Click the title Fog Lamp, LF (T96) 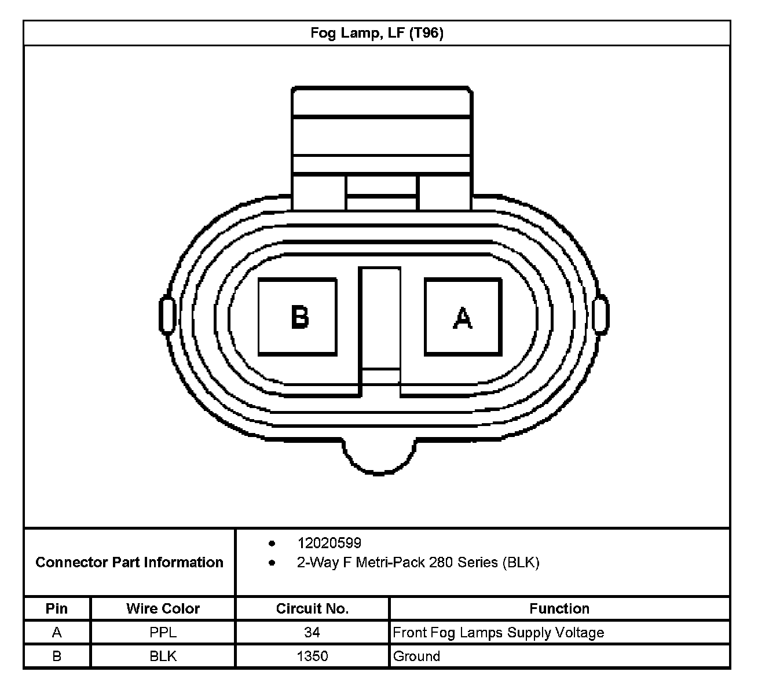377,33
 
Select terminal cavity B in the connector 298,317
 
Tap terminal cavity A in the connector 463,317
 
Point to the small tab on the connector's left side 167,315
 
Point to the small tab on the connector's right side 600,315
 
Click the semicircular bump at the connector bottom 379,457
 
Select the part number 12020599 329,544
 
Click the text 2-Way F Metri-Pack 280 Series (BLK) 418,563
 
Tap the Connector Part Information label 130,563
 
